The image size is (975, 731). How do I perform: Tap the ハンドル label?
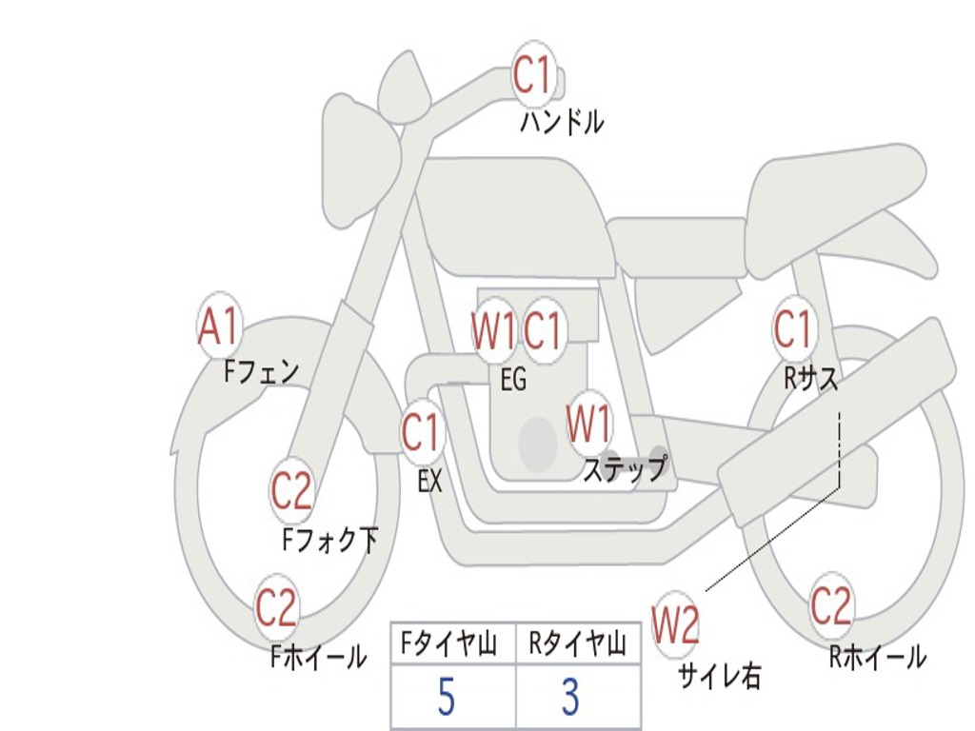pyautogui.click(x=562, y=122)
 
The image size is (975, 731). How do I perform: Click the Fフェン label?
pyautogui.click(x=262, y=370)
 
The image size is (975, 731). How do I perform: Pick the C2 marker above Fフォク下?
pyautogui.click(x=291, y=491)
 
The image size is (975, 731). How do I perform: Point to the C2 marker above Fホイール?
pyautogui.click(x=277, y=608)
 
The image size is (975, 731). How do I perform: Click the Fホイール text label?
pyautogui.click(x=318, y=657)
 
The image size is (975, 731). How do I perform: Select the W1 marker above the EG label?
pyautogui.click(x=494, y=331)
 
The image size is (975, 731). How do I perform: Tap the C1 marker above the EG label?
pyautogui.click(x=544, y=331)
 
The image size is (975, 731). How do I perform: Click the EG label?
pyautogui.click(x=513, y=380)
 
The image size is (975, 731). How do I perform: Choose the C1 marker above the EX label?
pyautogui.click(x=421, y=433)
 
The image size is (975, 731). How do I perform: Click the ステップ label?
pyautogui.click(x=625, y=470)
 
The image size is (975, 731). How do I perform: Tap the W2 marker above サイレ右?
pyautogui.click(x=675, y=624)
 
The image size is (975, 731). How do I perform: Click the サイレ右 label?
pyautogui.click(x=719, y=676)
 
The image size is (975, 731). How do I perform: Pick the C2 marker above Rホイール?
pyautogui.click(x=831, y=605)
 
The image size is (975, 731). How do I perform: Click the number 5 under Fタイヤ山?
pyautogui.click(x=446, y=698)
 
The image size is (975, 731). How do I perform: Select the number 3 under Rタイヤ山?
pyautogui.click(x=570, y=698)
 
